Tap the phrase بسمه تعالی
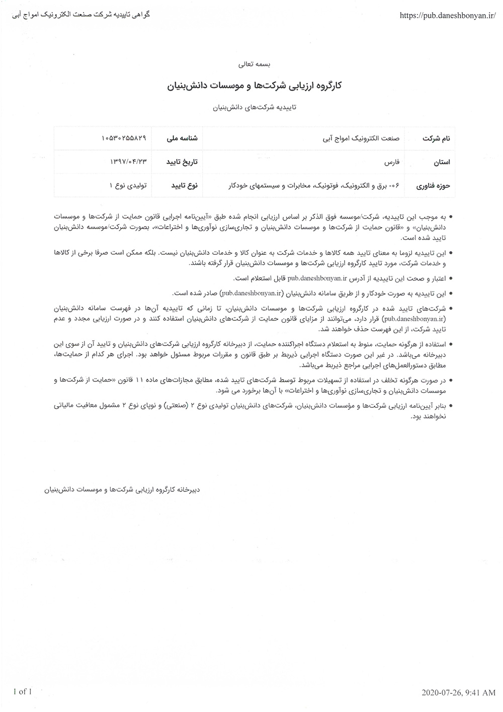(254, 64)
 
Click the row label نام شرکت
(436, 138)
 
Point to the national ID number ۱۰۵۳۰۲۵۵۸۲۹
(124, 138)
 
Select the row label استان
(441, 162)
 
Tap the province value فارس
(391, 162)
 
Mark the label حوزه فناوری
(433, 186)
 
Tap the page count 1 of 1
(23, 691)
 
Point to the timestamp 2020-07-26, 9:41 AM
(459, 693)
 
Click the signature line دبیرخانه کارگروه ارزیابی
(122, 488)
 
